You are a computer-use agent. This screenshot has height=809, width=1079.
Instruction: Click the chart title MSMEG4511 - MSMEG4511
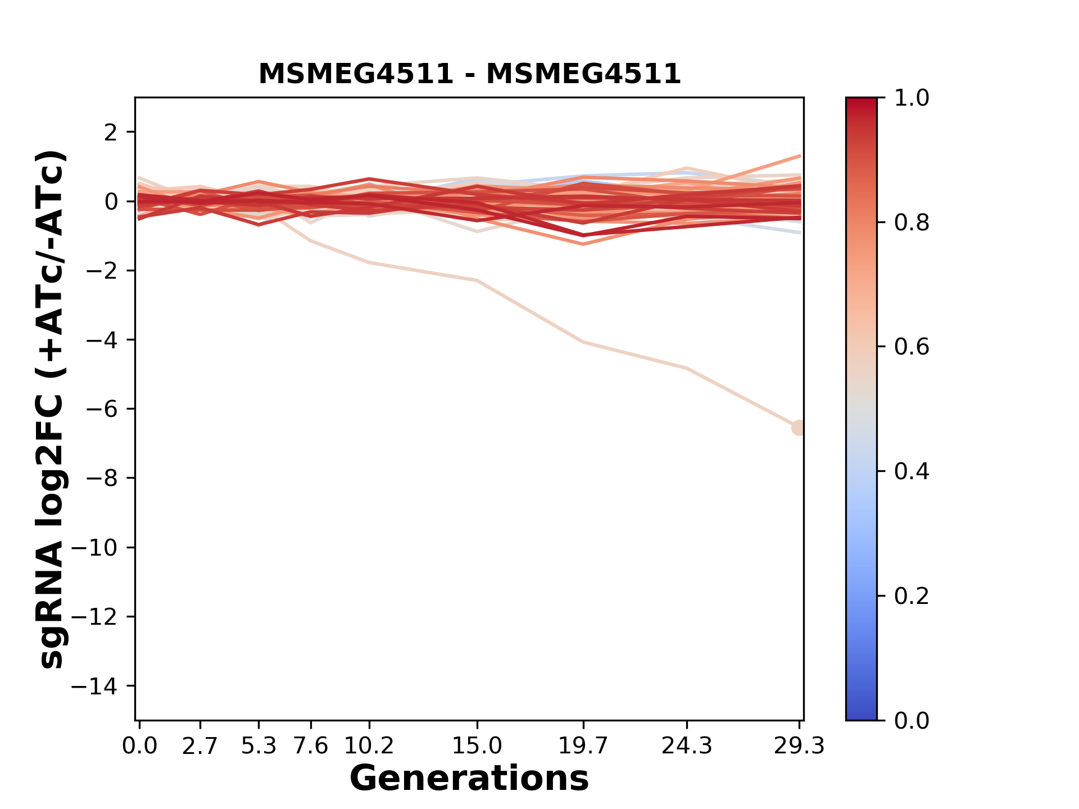tap(469, 74)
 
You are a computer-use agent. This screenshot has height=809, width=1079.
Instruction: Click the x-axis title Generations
tap(469, 779)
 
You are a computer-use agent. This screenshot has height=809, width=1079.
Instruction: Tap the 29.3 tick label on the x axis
tap(799, 746)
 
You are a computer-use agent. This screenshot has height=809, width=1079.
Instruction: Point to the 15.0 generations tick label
tap(477, 746)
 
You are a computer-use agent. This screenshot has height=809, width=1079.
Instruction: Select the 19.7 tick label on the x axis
tap(583, 746)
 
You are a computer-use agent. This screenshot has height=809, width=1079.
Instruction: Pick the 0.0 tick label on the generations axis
tap(140, 746)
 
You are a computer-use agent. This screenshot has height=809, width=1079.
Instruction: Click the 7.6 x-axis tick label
tap(311, 746)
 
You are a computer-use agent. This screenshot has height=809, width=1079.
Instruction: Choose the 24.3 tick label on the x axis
tap(687, 746)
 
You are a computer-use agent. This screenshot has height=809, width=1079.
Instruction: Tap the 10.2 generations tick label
tap(369, 746)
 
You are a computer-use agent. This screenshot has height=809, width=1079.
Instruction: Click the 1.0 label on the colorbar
tap(912, 98)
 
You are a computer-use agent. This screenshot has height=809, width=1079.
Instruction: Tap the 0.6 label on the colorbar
tap(912, 347)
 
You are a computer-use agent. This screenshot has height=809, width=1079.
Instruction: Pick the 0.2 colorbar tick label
tap(912, 596)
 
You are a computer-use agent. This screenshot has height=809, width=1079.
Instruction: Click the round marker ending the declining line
tap(799, 428)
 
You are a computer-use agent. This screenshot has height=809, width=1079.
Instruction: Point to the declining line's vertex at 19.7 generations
tap(583, 342)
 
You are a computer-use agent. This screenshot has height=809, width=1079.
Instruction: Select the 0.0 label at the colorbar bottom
tap(912, 720)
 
